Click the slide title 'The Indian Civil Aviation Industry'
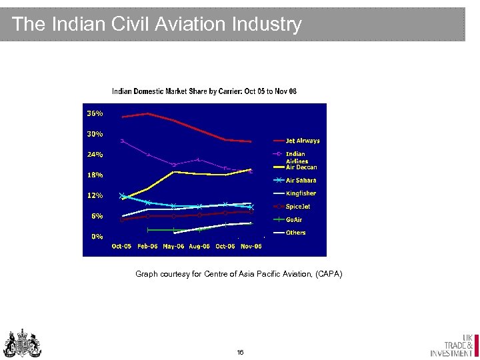[x=157, y=25]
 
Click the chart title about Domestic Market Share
[x=204, y=91]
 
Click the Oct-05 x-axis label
[x=121, y=247]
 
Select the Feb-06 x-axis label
[x=147, y=247]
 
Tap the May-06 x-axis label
[x=173, y=247]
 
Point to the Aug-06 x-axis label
[x=199, y=247]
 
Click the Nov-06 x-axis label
[x=251, y=247]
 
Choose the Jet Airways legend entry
[x=303, y=141]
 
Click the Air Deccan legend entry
[x=301, y=167]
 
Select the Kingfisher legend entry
[x=301, y=193]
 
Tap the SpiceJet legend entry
[x=298, y=207]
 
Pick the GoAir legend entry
[x=294, y=219]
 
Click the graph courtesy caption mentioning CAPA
[x=239, y=274]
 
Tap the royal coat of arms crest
[x=23, y=343]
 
